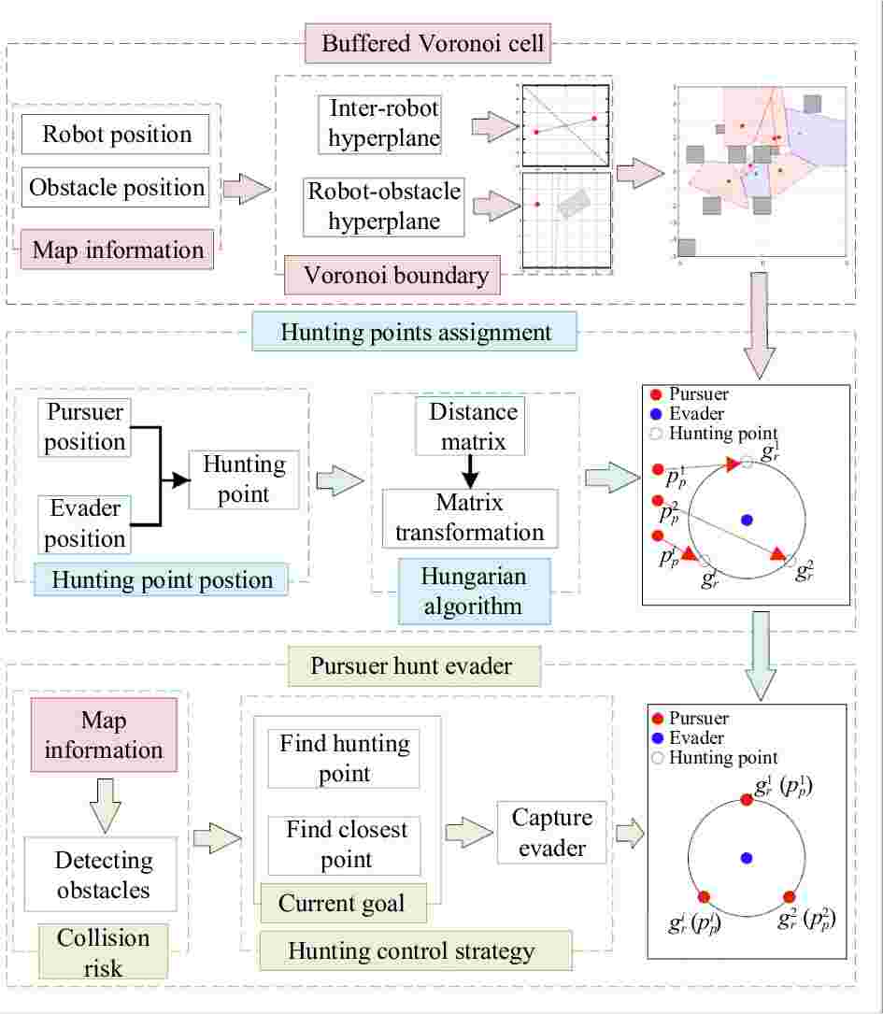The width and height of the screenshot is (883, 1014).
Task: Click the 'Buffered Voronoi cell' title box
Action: coord(432,43)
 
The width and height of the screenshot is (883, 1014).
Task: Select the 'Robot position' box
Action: coord(117,134)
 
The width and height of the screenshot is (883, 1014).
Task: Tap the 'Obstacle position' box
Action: coord(117,187)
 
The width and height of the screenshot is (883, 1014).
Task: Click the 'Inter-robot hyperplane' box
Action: coord(384,123)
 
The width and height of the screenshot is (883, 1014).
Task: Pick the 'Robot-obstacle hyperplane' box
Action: coord(384,207)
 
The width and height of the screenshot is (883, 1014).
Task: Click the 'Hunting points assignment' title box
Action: coord(415,333)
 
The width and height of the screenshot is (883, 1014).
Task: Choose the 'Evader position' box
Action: coord(85,523)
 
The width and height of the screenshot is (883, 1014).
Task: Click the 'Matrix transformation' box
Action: coord(469,518)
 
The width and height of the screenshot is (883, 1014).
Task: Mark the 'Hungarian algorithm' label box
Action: coord(473,591)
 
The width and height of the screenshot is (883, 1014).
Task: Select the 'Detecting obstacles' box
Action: coord(102,875)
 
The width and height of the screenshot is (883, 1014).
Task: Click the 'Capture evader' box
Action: coord(551,832)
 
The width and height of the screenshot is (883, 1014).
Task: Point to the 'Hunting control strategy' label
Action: coord(411,951)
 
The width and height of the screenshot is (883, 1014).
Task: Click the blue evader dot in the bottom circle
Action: coord(746,857)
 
